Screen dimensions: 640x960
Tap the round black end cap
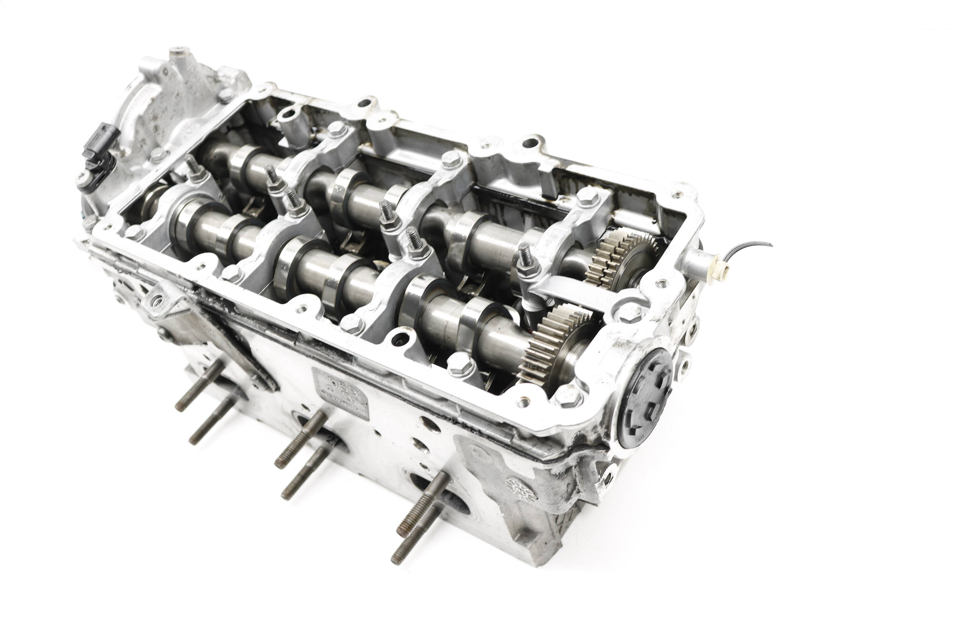645,398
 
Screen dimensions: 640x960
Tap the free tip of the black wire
771,245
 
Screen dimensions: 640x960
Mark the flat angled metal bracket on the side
229,343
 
